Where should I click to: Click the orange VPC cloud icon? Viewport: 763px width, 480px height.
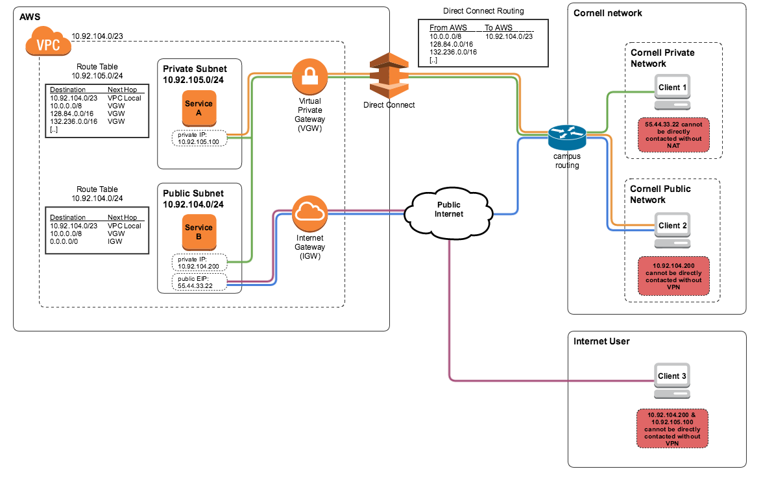coord(48,41)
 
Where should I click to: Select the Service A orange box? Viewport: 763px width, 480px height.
coord(199,108)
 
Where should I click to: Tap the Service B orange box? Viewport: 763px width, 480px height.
coord(199,232)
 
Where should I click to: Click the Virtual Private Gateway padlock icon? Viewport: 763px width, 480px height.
coord(310,77)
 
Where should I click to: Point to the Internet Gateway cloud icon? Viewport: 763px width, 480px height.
coord(310,213)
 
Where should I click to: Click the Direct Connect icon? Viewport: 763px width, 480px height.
coord(389,75)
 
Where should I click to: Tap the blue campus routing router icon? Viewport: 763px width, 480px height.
coord(567,137)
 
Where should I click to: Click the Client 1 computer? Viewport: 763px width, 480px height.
coord(672,92)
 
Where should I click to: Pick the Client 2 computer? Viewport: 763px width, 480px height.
coord(672,230)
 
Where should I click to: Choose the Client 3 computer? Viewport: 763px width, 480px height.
coord(672,381)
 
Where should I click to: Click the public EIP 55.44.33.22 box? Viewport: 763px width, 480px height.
coord(200,282)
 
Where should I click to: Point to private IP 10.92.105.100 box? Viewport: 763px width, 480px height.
coord(200,138)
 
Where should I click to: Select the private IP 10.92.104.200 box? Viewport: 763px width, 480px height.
coord(200,262)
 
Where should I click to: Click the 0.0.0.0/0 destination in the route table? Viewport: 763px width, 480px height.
coord(64,241)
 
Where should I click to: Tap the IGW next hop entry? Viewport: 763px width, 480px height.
coord(115,241)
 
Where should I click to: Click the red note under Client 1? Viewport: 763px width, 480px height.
coord(673,135)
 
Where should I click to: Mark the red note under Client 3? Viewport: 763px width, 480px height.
coord(672,429)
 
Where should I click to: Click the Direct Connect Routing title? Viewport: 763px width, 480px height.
coord(483,10)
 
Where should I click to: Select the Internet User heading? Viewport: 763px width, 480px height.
coord(601,341)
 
